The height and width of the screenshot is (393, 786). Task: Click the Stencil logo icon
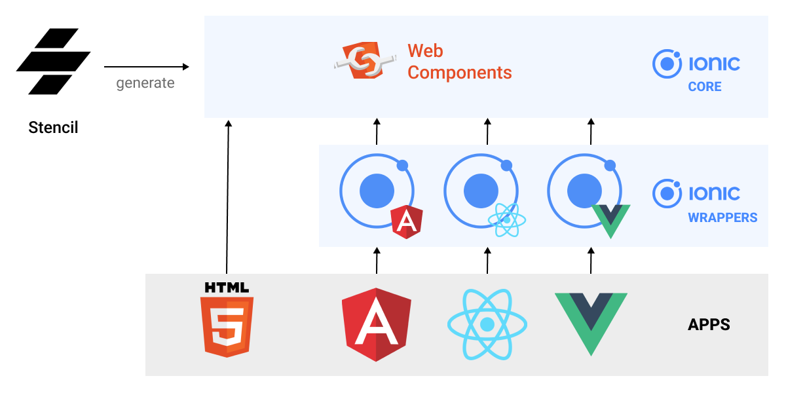pos(53,62)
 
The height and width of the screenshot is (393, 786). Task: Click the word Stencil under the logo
pos(53,127)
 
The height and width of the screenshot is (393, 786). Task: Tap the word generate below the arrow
pos(145,83)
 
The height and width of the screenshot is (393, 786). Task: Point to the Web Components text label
pos(459,62)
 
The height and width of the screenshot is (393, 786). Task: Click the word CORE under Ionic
pos(704,87)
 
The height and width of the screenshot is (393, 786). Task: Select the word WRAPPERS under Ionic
pos(722,217)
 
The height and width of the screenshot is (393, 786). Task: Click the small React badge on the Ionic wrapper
pos(508,219)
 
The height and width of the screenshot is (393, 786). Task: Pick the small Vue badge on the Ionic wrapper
pos(610,221)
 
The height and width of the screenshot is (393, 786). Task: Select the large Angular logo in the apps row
pos(377,324)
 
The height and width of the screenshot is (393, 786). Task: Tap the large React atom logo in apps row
pos(487,324)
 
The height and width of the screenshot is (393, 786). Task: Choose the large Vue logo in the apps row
pos(591,322)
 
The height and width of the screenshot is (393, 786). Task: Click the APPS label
pos(709,324)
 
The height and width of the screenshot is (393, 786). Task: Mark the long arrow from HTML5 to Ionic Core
pos(227,196)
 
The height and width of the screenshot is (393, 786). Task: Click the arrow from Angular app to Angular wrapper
pos(377,260)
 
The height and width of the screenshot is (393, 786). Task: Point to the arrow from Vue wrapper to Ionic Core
pos(591,131)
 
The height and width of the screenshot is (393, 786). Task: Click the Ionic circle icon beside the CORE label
pos(667,64)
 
